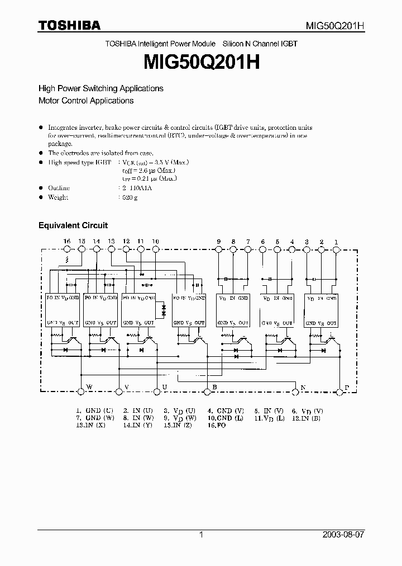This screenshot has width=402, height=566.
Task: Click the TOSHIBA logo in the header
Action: tap(69, 25)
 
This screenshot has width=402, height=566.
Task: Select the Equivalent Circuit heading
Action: tap(73, 225)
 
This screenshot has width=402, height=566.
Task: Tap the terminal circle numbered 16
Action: tap(67, 249)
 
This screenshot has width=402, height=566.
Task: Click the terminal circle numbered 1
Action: tap(336, 249)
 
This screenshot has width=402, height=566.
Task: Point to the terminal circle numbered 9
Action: tap(219, 249)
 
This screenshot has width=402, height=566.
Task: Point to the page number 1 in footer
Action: tap(201, 535)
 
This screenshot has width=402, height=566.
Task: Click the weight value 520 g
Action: tap(130, 197)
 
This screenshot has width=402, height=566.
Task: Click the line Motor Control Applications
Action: tap(86, 101)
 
